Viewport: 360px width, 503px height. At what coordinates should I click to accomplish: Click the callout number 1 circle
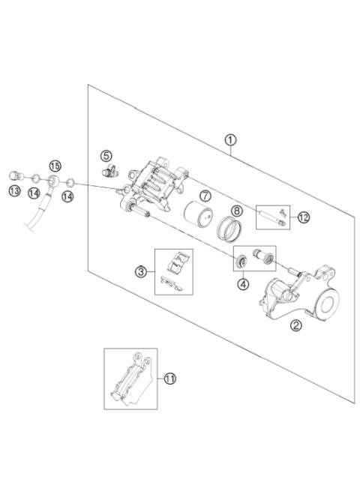pos(230,139)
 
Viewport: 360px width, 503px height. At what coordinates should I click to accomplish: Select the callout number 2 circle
pos(295,325)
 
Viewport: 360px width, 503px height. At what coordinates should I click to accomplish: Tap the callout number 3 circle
pos(140,271)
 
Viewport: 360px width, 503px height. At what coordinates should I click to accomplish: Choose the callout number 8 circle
pos(235,211)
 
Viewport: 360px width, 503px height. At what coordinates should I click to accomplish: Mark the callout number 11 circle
pos(170,379)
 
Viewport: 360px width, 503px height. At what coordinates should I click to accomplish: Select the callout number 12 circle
pos(303,218)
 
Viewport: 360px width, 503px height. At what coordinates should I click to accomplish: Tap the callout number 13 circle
pos(14,192)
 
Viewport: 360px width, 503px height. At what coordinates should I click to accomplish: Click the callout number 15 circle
pos(54,165)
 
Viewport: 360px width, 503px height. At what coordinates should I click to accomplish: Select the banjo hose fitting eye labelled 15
pos(50,181)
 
